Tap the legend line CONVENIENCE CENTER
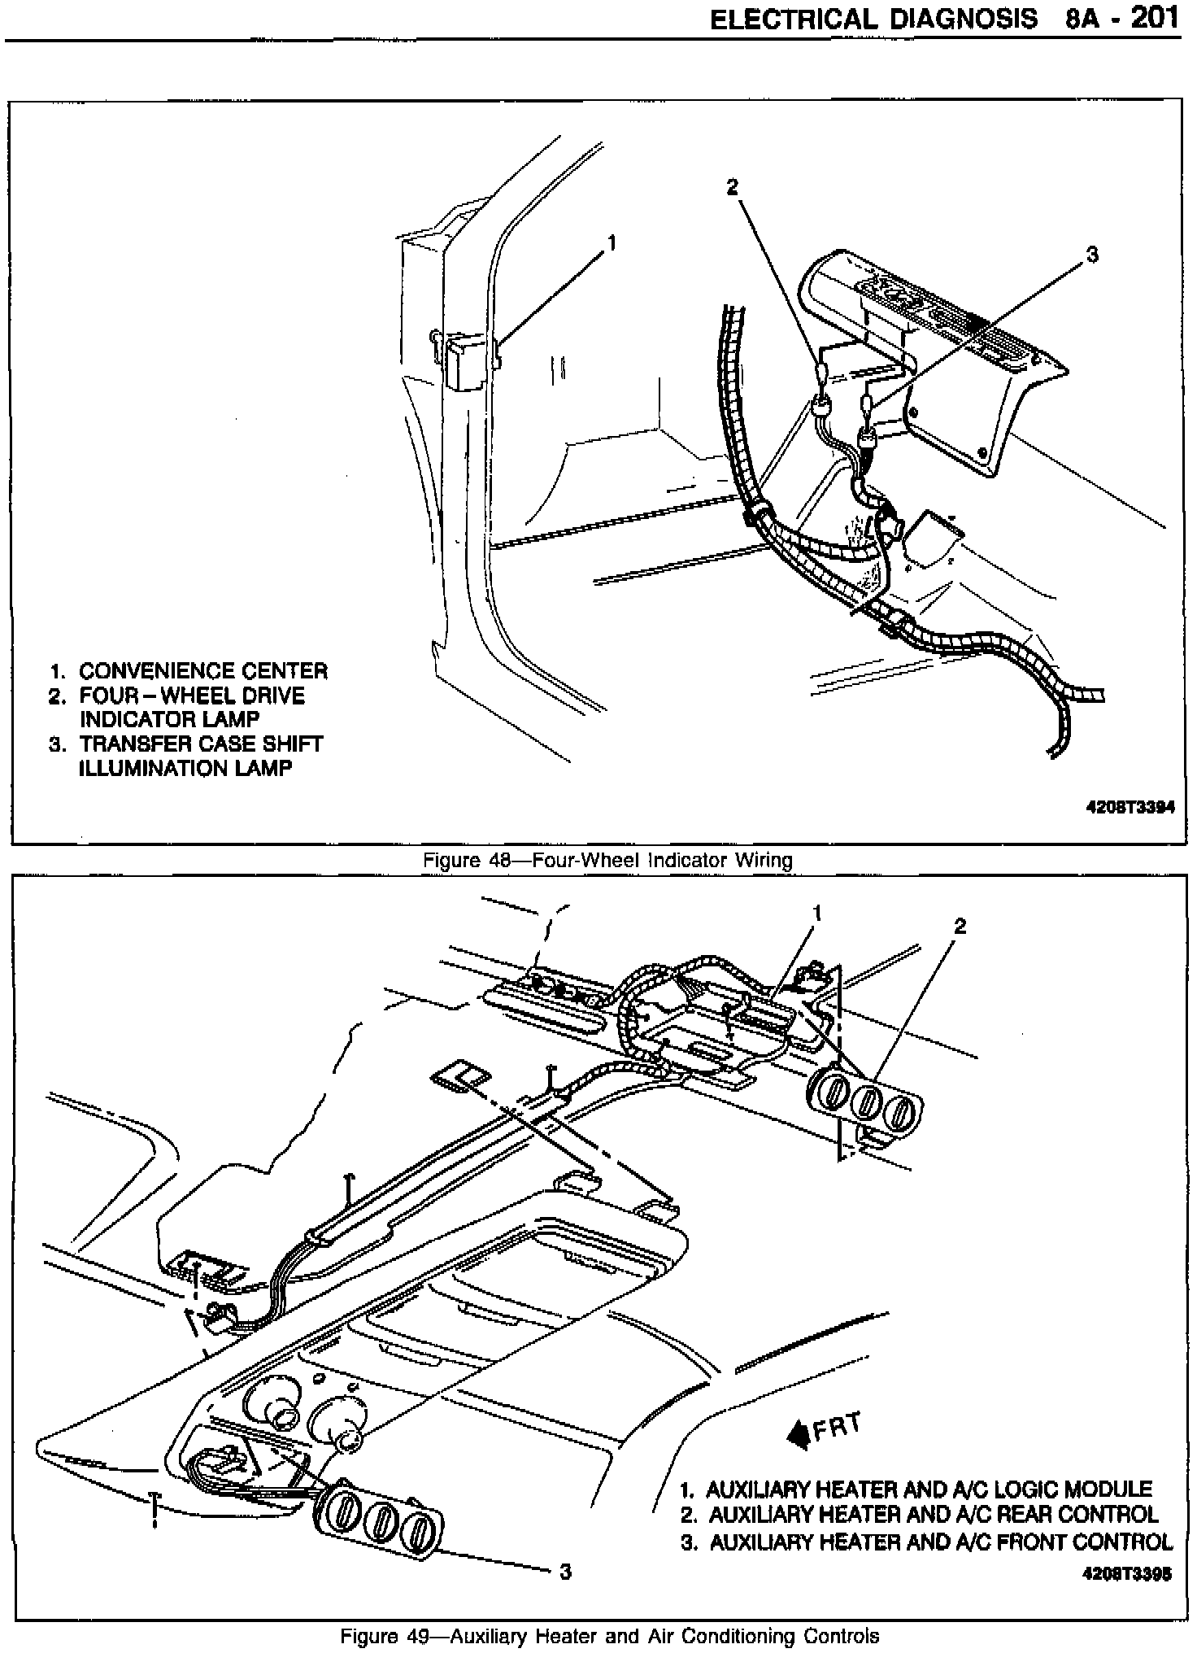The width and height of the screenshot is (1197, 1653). (202, 672)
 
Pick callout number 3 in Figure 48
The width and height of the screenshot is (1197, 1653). (1092, 255)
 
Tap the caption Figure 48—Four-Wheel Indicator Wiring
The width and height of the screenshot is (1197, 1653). (607, 860)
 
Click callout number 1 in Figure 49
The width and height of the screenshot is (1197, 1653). (817, 914)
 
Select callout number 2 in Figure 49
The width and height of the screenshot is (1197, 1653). (960, 926)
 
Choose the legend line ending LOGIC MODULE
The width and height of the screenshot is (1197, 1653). (927, 1489)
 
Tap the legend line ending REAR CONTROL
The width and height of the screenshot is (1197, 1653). (932, 1515)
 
